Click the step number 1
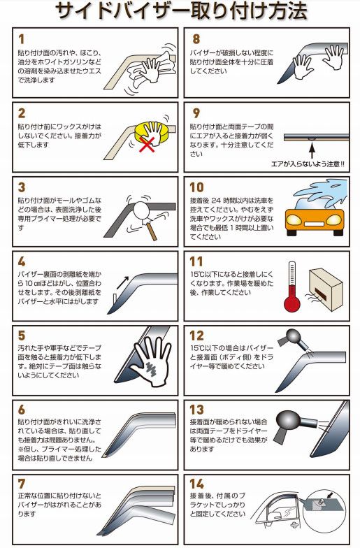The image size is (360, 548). [22, 39]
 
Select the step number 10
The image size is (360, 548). [196, 187]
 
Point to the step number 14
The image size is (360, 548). [197, 484]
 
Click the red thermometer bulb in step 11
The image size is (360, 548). [292, 303]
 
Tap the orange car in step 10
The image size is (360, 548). [315, 218]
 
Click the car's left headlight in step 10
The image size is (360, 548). [294, 219]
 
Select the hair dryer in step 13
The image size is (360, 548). [292, 425]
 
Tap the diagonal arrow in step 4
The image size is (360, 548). [123, 282]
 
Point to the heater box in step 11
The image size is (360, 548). [326, 289]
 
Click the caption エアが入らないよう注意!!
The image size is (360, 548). [308, 164]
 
